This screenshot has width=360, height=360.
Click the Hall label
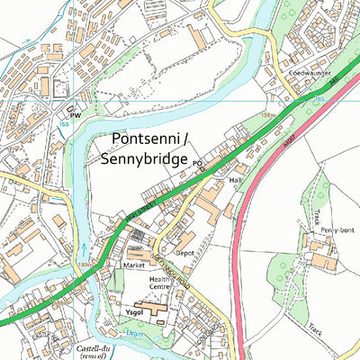pyautogui.click(x=237, y=181)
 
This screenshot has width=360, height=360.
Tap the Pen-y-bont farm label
pyautogui.click(x=333, y=231)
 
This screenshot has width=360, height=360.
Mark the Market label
pyautogui.click(x=134, y=266)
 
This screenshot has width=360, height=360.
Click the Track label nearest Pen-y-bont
pyautogui.click(x=319, y=216)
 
